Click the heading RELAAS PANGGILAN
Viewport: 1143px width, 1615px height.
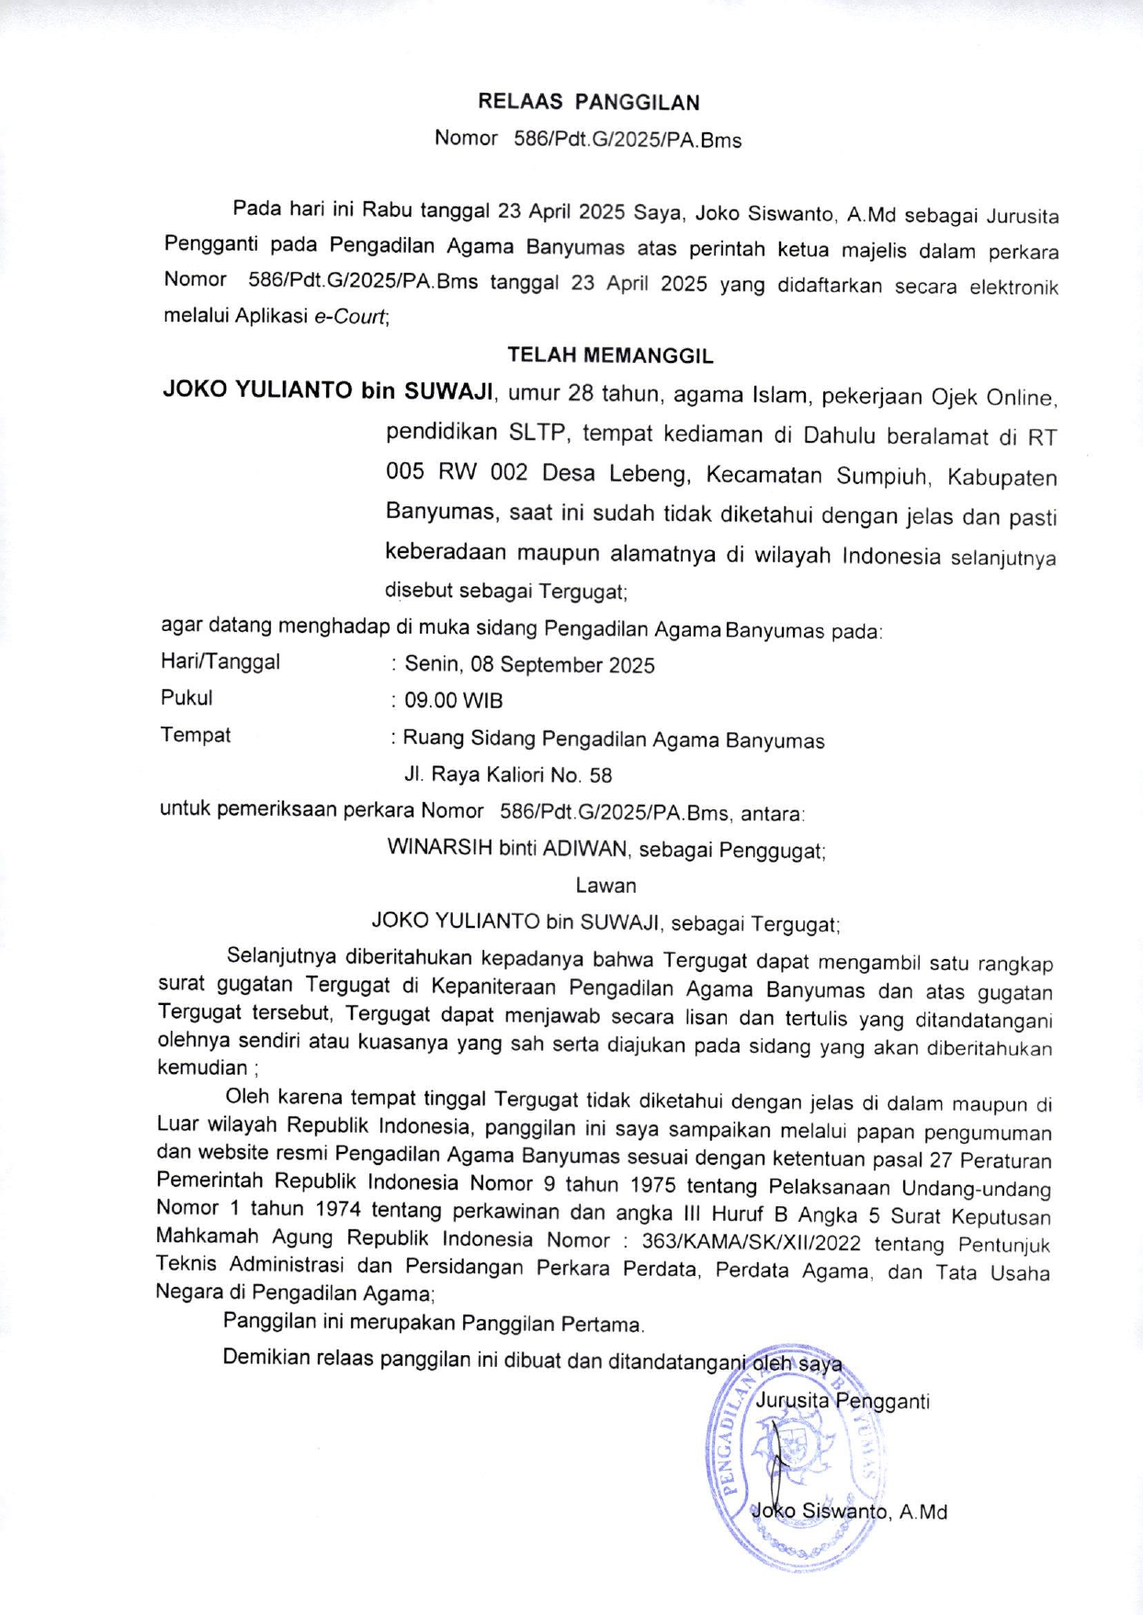(x=588, y=102)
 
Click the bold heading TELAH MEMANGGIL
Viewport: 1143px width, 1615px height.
(x=610, y=355)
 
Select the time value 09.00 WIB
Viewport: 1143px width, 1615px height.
(x=454, y=701)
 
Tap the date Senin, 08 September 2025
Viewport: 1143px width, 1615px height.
(x=529, y=664)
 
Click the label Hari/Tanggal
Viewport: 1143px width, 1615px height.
(x=221, y=661)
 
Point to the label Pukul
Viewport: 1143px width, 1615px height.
(x=187, y=698)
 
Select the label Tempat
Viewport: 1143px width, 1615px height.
(x=196, y=735)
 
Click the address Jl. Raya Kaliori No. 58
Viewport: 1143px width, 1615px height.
(x=508, y=774)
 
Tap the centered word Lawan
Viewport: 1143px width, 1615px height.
(x=605, y=886)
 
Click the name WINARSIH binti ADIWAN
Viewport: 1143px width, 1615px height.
(x=507, y=848)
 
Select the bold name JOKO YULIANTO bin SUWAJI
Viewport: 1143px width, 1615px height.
(x=329, y=390)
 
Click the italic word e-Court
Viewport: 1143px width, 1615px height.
(x=350, y=317)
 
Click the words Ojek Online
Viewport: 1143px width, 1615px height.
(x=994, y=397)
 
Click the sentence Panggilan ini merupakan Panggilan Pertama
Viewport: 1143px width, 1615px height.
(x=434, y=1323)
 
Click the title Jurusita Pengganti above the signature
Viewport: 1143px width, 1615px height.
(x=842, y=1401)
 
